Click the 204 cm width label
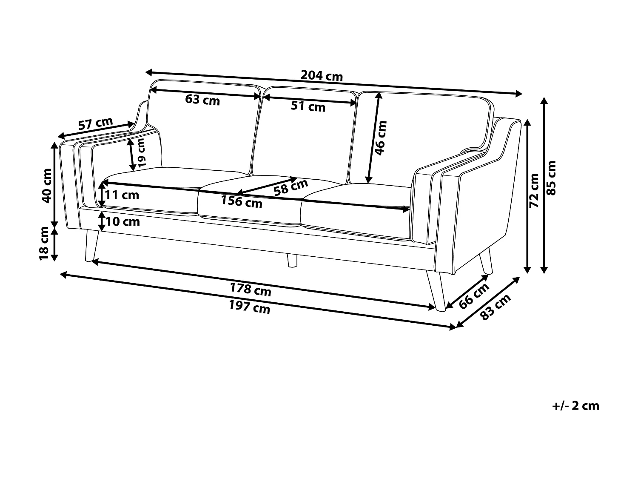coord(322,76)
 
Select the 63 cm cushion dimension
coord(202,100)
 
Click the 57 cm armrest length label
coord(96,124)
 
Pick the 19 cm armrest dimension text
coord(142,152)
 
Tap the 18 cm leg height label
coord(44,244)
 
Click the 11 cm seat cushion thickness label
coord(122,195)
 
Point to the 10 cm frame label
coord(122,222)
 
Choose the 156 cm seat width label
coord(242,201)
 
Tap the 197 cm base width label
coord(249,307)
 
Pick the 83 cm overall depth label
coord(495,307)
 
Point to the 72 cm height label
coord(534,190)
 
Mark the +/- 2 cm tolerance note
coord(575,406)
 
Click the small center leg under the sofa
coord(292,261)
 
